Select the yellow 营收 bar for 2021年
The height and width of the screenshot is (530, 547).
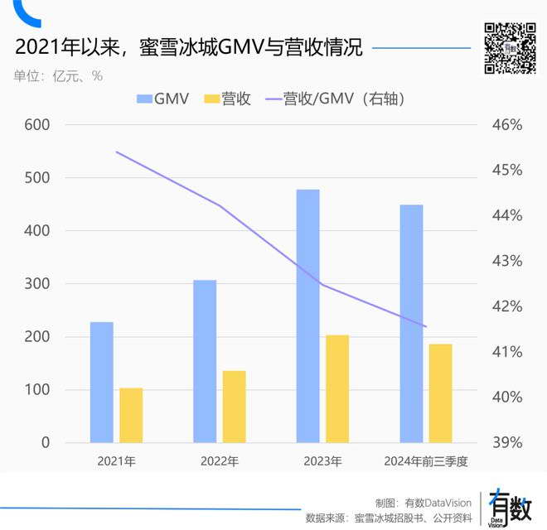point(131,415)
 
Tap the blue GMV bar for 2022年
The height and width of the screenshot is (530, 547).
point(205,361)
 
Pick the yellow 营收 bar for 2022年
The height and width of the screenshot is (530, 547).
point(235,407)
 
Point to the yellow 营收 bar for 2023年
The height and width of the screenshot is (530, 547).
point(337,388)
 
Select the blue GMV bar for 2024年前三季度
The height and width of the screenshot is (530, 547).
point(411,323)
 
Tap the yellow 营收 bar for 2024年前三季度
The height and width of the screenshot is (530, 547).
point(441,393)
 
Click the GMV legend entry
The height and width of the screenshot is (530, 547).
point(162,99)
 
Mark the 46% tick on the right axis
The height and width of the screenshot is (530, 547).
point(506,125)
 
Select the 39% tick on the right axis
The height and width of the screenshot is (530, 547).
point(506,442)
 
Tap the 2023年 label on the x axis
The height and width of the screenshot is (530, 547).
point(322,460)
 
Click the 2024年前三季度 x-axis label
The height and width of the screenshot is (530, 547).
point(426,460)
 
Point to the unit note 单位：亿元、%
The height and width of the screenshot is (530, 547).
point(58,75)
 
